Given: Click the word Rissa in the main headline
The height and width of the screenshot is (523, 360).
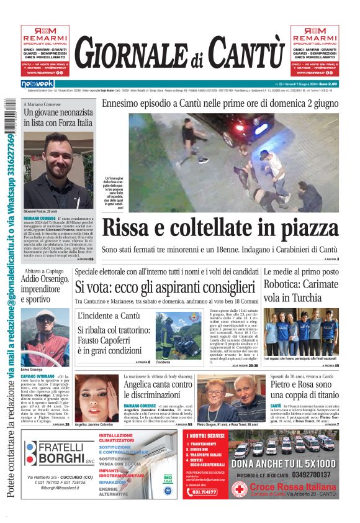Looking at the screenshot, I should [x=130, y=228].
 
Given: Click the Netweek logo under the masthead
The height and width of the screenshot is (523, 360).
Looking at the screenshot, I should [x=38, y=83].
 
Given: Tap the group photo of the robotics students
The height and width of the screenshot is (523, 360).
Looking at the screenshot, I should [x=300, y=332].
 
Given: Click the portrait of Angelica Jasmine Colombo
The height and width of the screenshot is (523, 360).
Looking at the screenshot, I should [x=96, y=398].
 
